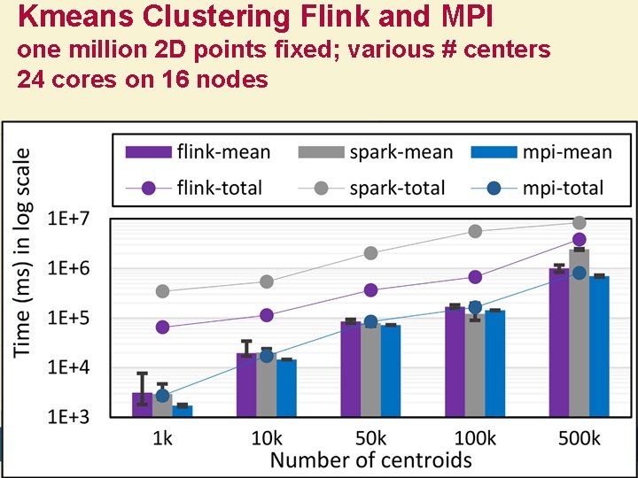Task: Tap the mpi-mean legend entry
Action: [x=541, y=152]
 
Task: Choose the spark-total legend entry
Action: [x=373, y=188]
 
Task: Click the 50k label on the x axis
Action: [x=370, y=437]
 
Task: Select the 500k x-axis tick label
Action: [x=579, y=437]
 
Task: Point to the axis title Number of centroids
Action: [x=370, y=460]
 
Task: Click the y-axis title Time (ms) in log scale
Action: [x=27, y=252]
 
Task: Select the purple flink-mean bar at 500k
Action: [x=558, y=342]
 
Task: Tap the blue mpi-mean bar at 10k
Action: [x=286, y=388]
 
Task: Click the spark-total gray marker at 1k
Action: [x=162, y=291]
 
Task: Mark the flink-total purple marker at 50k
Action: [x=370, y=290]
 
